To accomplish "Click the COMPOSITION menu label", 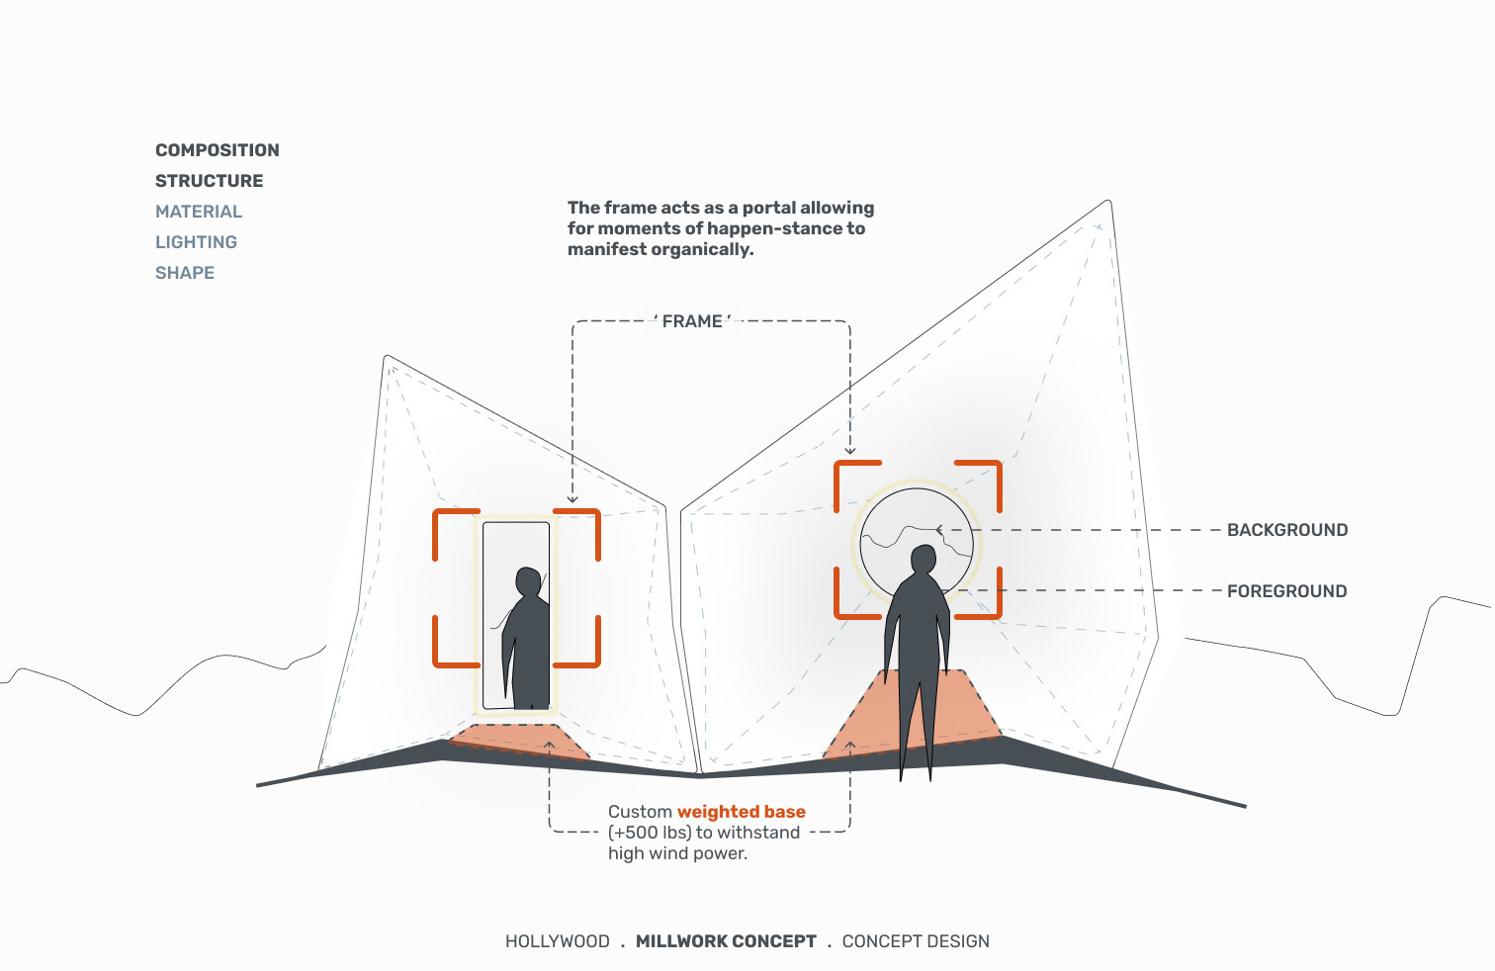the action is (217, 150).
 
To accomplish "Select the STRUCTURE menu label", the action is (209, 181).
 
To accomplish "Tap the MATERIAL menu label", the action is (198, 212).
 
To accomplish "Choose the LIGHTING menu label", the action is (196, 242).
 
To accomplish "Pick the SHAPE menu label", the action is (184, 273).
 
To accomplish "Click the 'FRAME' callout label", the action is (692, 321).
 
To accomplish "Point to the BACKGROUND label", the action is (1286, 530).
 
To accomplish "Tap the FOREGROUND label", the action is (1286, 591).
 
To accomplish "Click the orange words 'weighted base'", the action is (741, 812).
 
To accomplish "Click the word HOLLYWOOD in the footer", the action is (557, 941).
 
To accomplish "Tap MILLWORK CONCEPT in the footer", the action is (726, 941).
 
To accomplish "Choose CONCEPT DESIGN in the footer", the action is (915, 941).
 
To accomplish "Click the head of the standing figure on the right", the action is (923, 560).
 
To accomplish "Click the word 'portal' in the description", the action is (768, 208).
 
